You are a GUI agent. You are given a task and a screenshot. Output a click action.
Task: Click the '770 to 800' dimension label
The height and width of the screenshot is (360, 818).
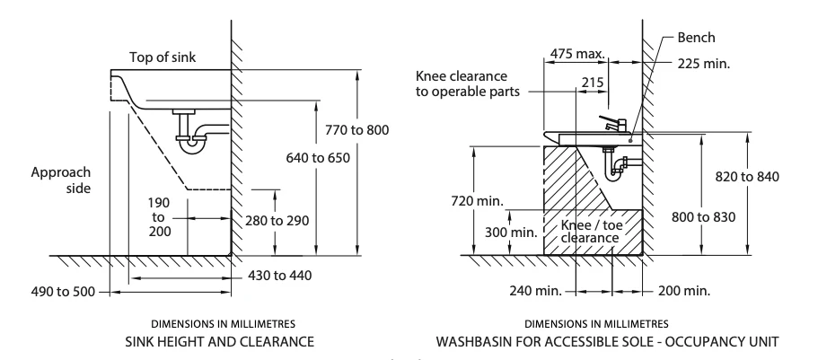point(356,129)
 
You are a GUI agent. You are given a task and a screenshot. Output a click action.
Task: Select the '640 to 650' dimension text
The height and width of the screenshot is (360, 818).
point(318,157)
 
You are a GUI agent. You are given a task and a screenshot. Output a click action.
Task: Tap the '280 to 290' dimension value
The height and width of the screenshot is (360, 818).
point(277,221)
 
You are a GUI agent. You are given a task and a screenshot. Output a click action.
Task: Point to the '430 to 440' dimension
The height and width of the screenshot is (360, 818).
point(279,275)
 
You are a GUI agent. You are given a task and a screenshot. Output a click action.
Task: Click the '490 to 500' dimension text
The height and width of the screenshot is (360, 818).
point(64,291)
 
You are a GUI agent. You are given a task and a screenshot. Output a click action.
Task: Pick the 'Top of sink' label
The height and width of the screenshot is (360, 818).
point(163,57)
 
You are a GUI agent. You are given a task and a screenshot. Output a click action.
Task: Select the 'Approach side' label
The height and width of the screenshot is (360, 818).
point(60,180)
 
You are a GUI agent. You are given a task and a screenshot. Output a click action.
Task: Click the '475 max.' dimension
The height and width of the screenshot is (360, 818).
point(577,53)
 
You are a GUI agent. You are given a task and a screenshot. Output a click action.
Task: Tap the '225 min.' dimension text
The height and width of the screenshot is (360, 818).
point(704,64)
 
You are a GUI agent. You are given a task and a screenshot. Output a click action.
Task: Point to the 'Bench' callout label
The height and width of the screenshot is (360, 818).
point(696,38)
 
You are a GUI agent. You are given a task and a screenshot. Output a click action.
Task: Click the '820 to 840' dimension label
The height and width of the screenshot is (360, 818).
point(747,176)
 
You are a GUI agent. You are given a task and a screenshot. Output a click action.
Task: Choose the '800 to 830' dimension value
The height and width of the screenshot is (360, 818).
point(703,216)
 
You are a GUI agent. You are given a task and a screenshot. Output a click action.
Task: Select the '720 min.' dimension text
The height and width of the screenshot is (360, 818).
point(478,200)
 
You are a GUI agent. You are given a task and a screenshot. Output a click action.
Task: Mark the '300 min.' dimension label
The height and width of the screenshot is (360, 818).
point(511,233)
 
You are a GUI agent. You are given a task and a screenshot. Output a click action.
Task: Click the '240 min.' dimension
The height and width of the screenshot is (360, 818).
point(536,291)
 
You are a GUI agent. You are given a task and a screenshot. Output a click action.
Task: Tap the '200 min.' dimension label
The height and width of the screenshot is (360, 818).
point(684,291)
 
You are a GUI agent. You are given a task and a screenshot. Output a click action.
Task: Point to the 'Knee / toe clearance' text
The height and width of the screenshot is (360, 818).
point(591,231)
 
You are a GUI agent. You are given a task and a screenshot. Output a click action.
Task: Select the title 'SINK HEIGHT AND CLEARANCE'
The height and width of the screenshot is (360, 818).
point(220,342)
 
